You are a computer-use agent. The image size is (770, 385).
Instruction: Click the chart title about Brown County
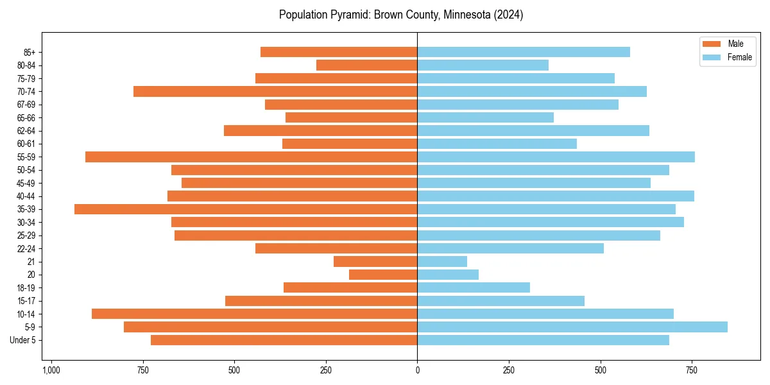point(401,15)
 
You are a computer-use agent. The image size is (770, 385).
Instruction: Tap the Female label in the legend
point(739,57)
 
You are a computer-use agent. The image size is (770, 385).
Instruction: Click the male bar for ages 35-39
point(246,209)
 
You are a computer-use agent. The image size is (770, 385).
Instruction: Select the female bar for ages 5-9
point(572,327)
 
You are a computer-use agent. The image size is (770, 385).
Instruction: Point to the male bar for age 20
point(383,275)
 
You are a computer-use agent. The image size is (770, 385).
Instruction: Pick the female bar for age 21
point(442,262)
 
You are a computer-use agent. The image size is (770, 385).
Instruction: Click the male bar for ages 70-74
point(275,92)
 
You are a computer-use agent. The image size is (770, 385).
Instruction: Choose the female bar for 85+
point(524,52)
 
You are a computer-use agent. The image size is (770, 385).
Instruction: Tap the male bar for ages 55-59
point(252,157)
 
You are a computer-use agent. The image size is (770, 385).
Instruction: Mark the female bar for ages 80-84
point(483,65)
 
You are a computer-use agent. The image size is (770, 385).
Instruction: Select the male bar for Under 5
point(284,340)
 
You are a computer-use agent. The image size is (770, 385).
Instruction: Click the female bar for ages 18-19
point(474,287)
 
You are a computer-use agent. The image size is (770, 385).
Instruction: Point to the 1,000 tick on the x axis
point(51,370)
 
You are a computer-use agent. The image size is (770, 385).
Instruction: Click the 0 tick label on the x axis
point(418,370)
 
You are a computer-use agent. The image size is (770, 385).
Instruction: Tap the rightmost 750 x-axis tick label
point(692,370)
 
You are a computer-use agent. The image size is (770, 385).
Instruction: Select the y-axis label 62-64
point(26,131)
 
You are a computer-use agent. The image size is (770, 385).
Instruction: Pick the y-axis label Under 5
point(23,340)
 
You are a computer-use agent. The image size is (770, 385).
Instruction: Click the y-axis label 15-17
point(26,301)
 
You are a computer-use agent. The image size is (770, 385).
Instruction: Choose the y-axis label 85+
point(30,52)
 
